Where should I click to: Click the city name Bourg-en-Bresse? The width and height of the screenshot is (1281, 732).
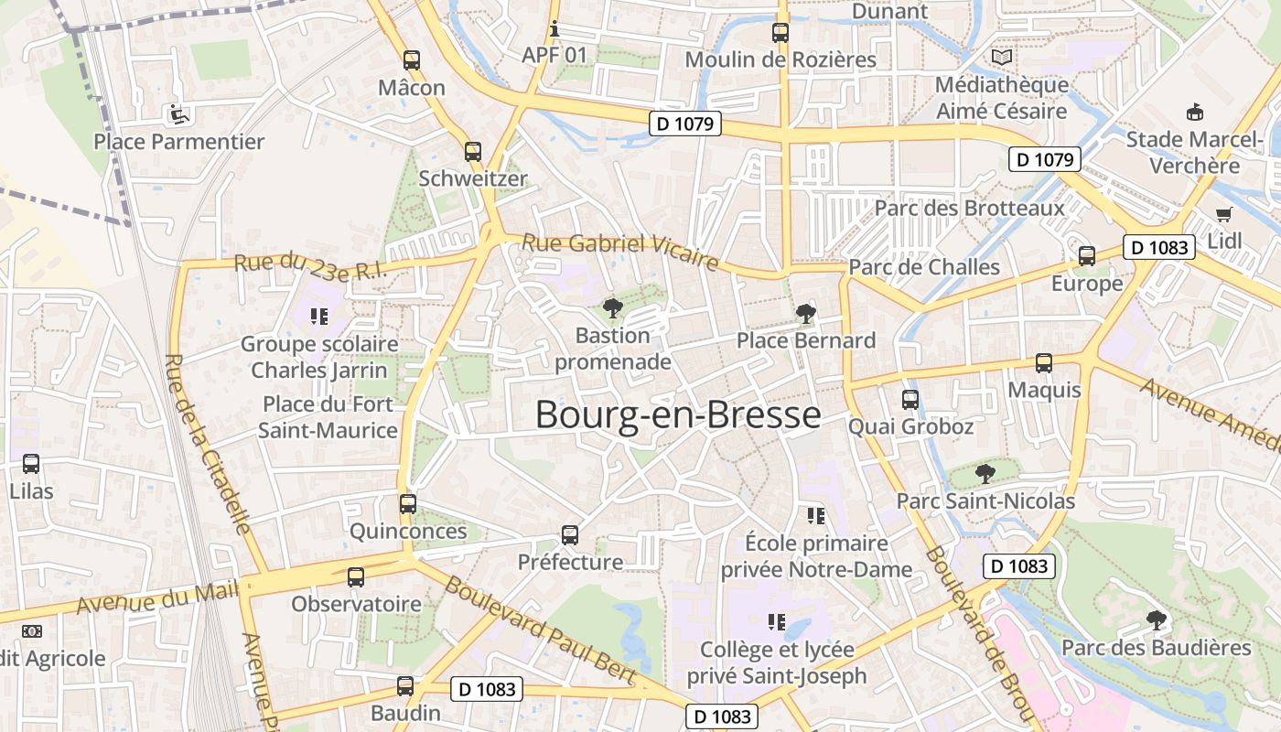(x=678, y=414)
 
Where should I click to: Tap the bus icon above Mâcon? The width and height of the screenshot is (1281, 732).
(x=412, y=61)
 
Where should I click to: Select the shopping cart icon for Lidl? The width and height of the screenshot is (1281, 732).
(x=1224, y=214)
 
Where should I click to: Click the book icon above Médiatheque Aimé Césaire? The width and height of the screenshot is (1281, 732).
(x=1002, y=58)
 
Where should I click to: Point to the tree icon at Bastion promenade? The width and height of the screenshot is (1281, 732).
(x=612, y=307)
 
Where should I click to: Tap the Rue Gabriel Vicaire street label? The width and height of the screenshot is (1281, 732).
(x=619, y=252)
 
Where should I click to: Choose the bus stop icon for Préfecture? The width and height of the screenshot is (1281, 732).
(x=570, y=534)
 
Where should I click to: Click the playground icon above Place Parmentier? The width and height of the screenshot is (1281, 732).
(x=178, y=114)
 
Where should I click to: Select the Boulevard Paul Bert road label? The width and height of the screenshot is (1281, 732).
(x=539, y=630)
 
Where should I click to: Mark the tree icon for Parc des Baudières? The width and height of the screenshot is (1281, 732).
(x=1157, y=619)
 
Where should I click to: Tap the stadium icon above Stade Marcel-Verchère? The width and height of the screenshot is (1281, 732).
(x=1194, y=113)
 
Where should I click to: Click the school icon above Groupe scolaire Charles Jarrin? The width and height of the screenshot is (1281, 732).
(x=318, y=317)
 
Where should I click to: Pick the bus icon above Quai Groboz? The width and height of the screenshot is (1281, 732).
(x=910, y=399)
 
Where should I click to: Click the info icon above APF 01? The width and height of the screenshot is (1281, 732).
(x=554, y=28)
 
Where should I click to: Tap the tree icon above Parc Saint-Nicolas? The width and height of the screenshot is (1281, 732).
(x=985, y=473)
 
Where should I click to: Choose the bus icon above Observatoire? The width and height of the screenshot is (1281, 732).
(x=356, y=577)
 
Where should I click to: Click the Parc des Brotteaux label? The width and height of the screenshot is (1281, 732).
(x=970, y=208)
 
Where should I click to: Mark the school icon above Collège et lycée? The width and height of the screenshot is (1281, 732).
(x=777, y=622)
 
